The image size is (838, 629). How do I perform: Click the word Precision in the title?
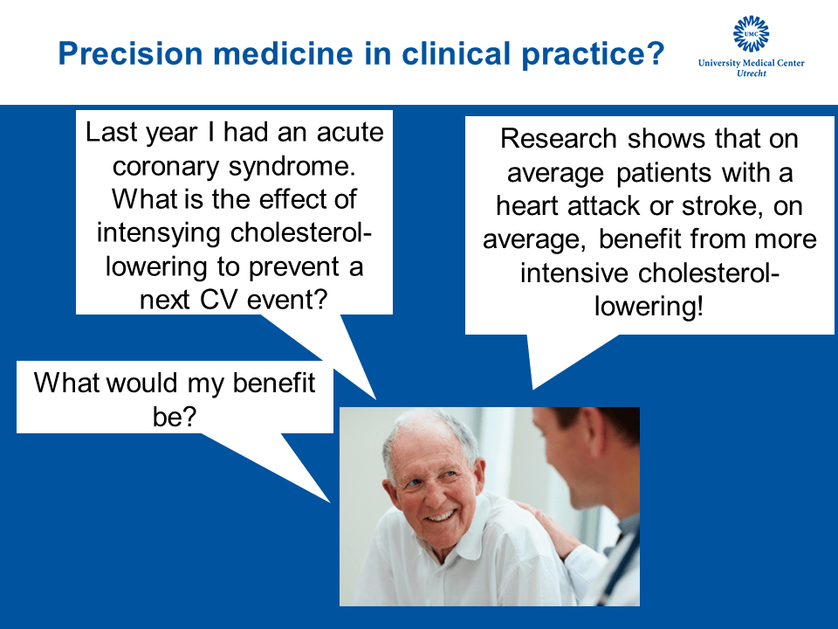[x=130, y=54]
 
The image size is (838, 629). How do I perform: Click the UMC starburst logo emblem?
[x=751, y=33]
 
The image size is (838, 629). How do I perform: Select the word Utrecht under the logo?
[x=752, y=73]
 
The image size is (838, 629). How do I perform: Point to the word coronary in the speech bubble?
[x=165, y=166]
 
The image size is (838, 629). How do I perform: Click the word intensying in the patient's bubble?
[x=158, y=232]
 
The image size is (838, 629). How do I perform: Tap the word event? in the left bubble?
[x=287, y=300]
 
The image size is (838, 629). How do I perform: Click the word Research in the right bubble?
[x=559, y=139]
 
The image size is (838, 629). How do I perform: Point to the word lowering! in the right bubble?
[x=649, y=307]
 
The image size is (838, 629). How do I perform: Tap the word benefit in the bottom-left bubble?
[x=273, y=383]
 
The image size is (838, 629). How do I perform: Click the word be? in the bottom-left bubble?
[x=175, y=417]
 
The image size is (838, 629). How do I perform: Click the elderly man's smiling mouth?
[x=440, y=516]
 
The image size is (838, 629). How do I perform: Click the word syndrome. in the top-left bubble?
[x=292, y=166]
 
